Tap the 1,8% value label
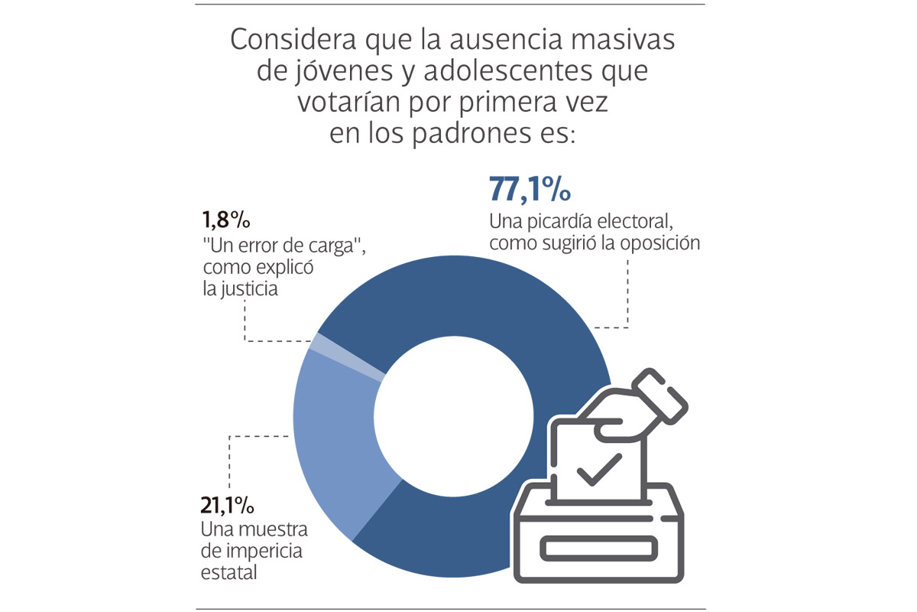tap(227, 221)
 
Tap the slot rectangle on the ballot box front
tap(598, 547)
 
